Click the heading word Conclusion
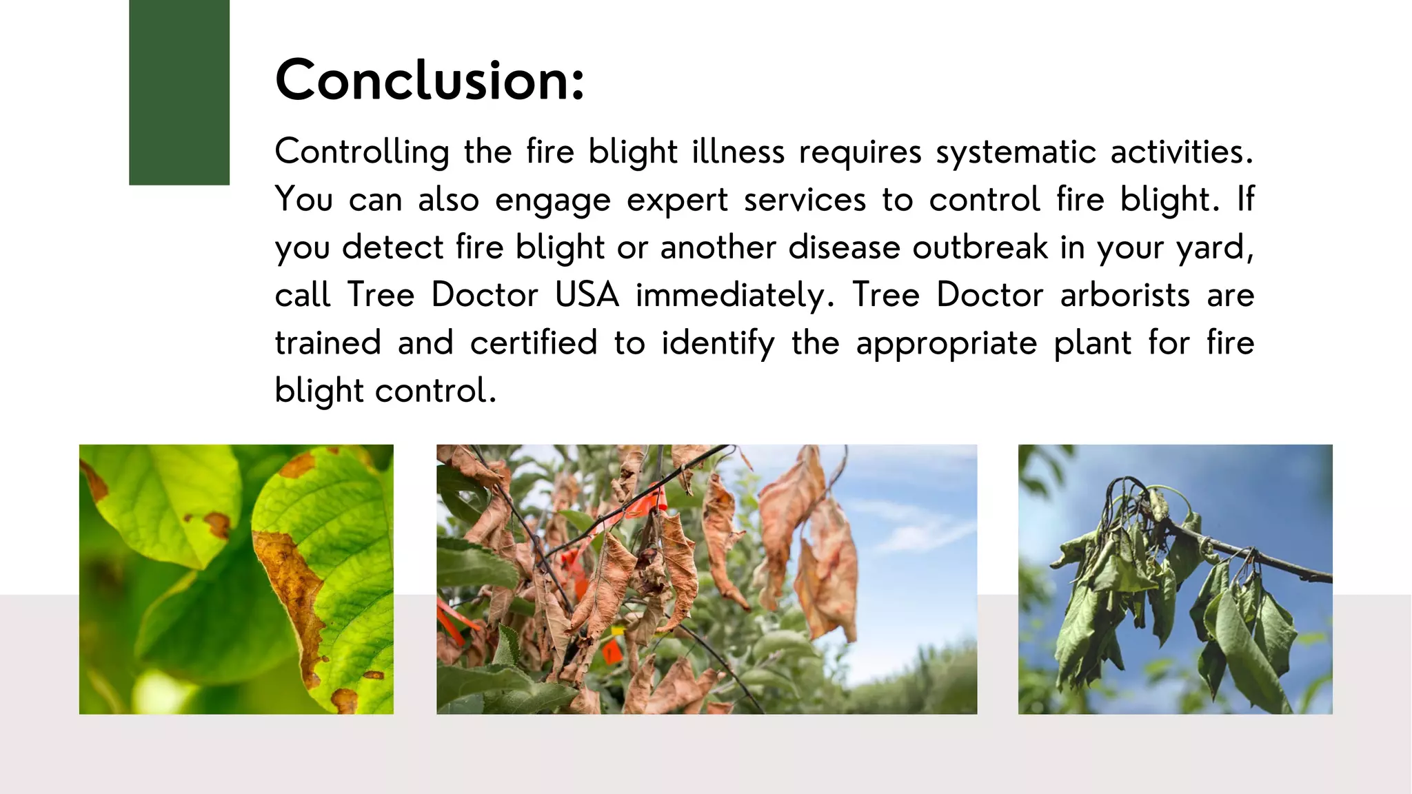coord(429,81)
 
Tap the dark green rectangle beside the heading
coord(179,92)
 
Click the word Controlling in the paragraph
coord(362,152)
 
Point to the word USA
coord(587,295)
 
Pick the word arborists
coord(1124,295)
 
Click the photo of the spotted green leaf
coord(236,579)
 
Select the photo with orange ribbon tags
coord(706,579)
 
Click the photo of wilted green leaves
coord(1175,579)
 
